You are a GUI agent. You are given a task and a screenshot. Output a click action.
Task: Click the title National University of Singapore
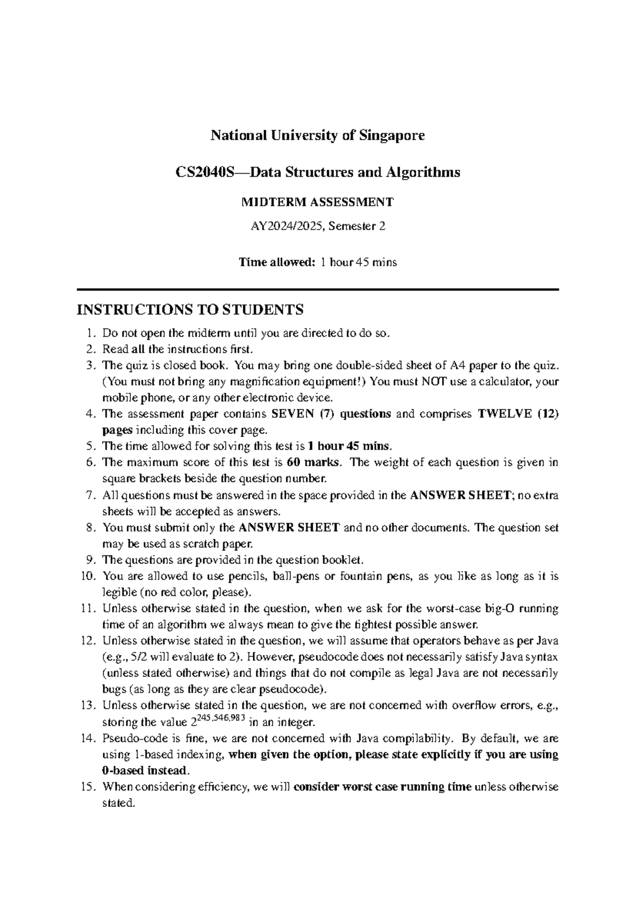[x=317, y=136]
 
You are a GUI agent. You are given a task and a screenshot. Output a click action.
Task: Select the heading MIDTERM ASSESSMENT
[x=317, y=202]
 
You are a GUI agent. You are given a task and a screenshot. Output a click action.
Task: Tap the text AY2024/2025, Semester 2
[x=317, y=227]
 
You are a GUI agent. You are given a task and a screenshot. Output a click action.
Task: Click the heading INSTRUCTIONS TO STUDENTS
[x=190, y=309]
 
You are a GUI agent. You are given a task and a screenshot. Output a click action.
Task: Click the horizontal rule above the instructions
[x=317, y=289]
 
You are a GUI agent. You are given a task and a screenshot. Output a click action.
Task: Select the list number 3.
[x=91, y=366]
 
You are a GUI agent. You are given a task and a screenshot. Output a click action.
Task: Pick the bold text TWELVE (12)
[x=518, y=414]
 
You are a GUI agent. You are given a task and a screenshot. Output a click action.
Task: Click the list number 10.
[x=88, y=576]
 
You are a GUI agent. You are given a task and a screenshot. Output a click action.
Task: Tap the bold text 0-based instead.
[x=145, y=770]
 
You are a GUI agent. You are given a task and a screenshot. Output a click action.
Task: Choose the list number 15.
[x=88, y=787]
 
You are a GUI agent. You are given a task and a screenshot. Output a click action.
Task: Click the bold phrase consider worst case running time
[x=382, y=787]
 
